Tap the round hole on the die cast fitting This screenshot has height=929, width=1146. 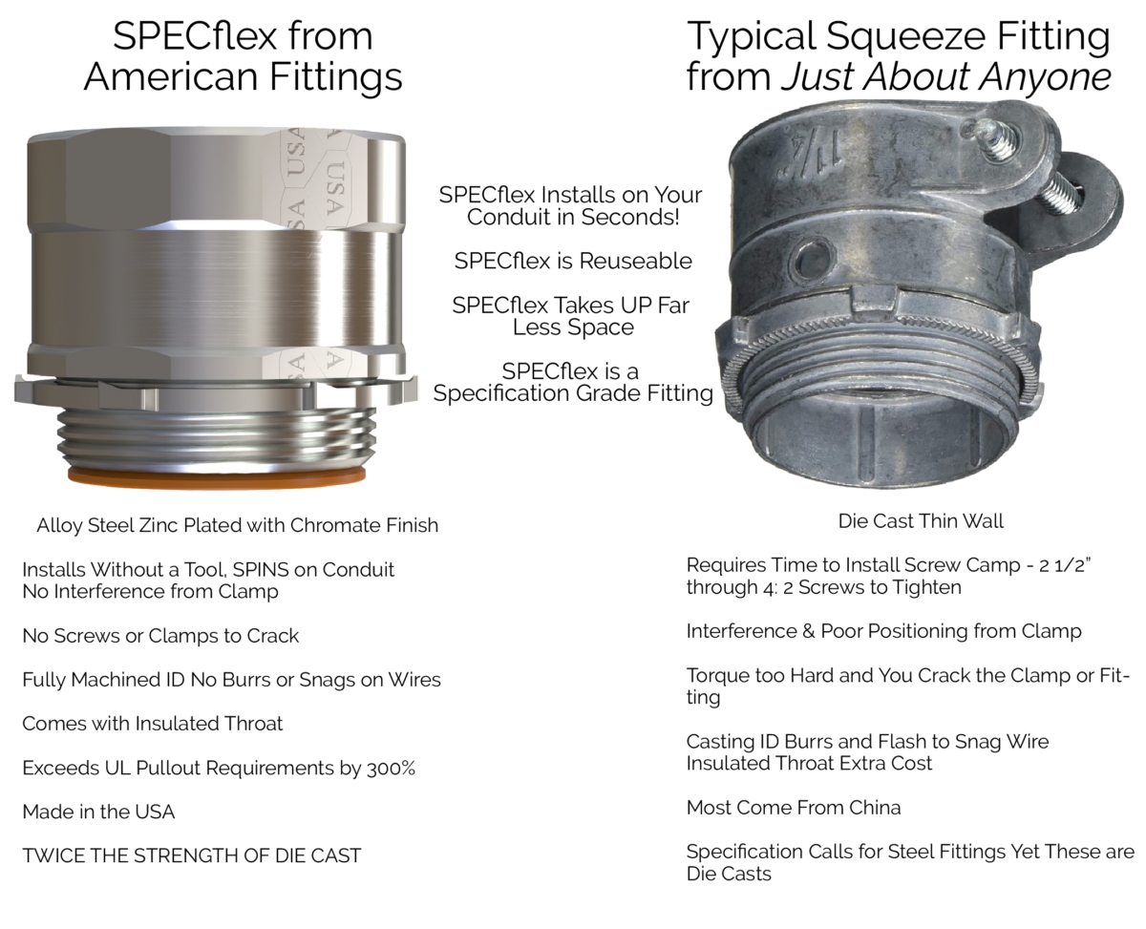(x=813, y=261)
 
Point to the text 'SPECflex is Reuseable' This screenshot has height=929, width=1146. (x=572, y=261)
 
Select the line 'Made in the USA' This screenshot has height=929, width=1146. (x=98, y=812)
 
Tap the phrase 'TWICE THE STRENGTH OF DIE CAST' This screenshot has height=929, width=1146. (x=192, y=855)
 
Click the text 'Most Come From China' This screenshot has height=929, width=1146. (x=793, y=808)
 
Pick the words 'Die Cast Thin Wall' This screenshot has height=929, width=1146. (x=921, y=520)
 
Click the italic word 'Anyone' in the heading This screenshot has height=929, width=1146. (x=1045, y=76)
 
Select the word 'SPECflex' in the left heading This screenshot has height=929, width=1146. (x=197, y=36)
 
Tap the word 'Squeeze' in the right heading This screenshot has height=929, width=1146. (x=906, y=37)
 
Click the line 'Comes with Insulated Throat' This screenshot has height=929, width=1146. (x=152, y=724)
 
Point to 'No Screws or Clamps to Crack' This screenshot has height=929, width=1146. (x=160, y=636)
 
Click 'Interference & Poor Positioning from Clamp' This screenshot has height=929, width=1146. (x=883, y=631)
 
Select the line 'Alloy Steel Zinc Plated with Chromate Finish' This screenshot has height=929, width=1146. (x=237, y=525)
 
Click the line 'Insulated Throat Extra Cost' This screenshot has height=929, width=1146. (x=809, y=763)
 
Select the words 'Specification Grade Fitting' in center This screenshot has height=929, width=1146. (x=572, y=393)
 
